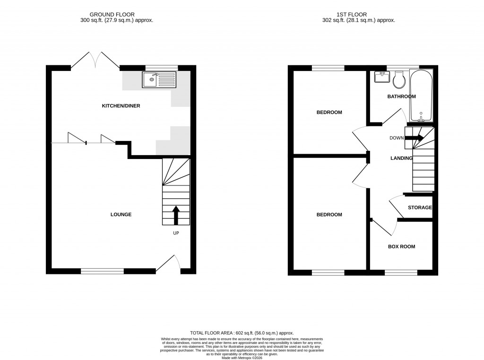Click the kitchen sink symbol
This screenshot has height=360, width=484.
coord(159,79)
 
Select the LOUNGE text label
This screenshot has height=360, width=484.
coord(121,215)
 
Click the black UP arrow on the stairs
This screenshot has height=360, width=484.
coord(176,215)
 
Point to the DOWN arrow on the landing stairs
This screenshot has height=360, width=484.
coord(415,138)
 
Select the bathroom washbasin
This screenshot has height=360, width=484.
coord(380,77)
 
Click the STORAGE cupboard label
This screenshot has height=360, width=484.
coord(420,208)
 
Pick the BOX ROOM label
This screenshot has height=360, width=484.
coord(401,246)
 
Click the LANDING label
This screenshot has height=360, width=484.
coord(401,158)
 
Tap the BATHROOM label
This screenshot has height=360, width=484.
coord(401,97)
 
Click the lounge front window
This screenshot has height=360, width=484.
coord(102,271)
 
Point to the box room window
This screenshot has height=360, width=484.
coord(401,272)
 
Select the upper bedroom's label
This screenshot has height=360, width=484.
coord(329,113)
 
